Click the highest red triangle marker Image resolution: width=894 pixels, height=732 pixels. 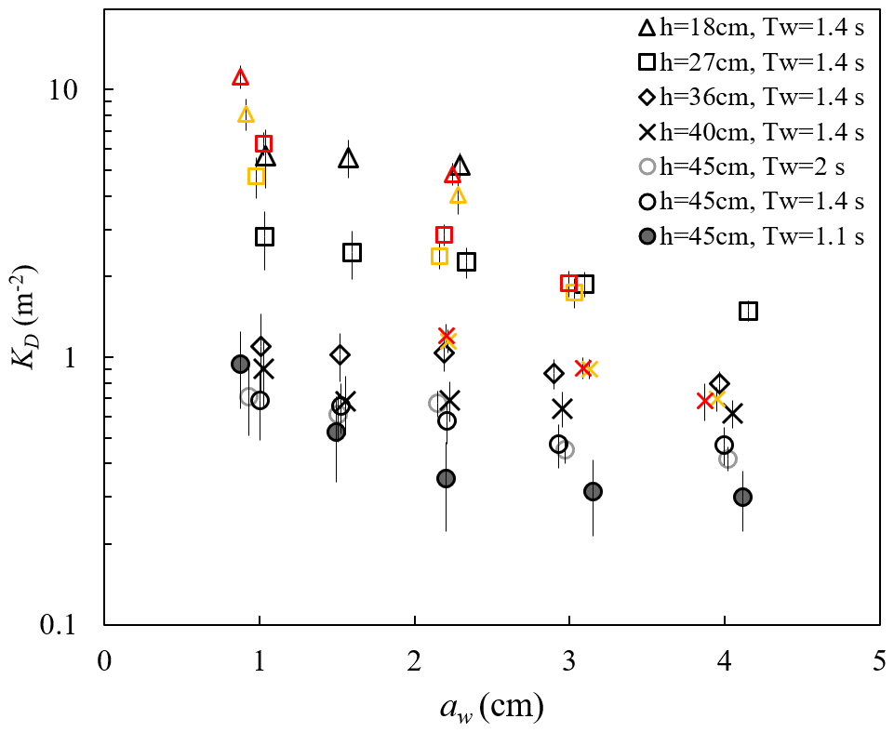pos(241,77)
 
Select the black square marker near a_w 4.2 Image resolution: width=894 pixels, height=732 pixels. pos(749,311)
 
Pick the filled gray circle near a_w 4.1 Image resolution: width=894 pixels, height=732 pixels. pos(742,498)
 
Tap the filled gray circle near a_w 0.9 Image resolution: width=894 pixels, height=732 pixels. pos(240,364)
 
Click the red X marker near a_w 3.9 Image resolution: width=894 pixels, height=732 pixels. pos(705,401)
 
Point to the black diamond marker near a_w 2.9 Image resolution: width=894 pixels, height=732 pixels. pos(554,374)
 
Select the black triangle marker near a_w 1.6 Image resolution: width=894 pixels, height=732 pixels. pos(349,159)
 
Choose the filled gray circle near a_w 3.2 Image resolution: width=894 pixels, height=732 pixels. pos(593,491)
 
